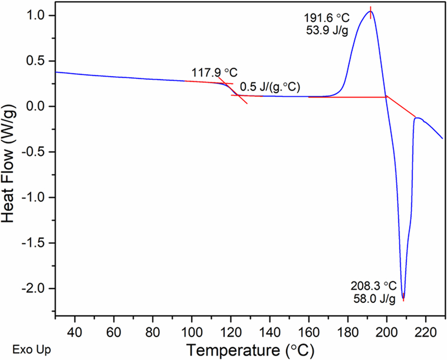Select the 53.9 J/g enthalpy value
[x=327, y=30]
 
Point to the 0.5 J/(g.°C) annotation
[x=268, y=87]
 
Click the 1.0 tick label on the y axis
[x=40, y=15]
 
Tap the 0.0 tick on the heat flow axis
[x=40, y=106]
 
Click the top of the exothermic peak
[x=370, y=11]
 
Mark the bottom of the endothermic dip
[x=403, y=299]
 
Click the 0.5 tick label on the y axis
[x=40, y=60]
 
